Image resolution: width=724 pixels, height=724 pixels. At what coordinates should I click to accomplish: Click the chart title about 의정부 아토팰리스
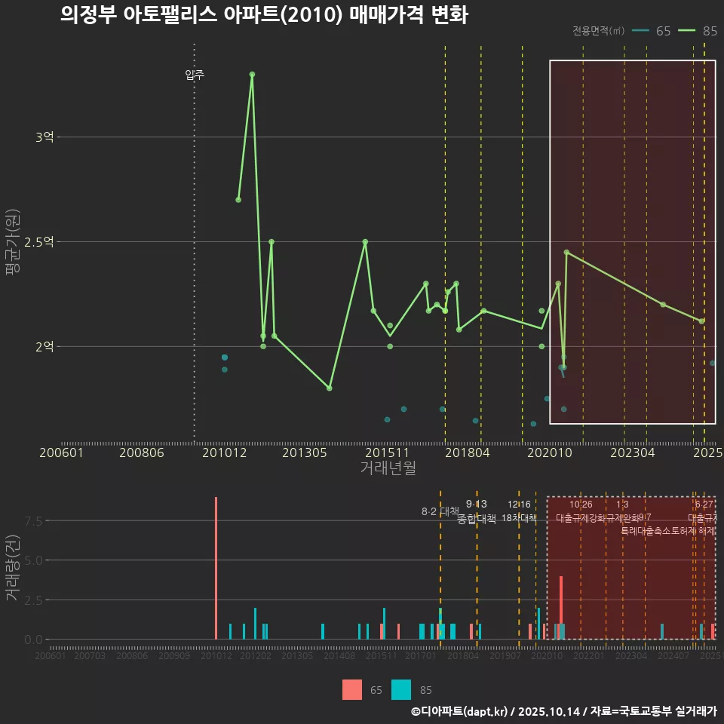tap(264, 15)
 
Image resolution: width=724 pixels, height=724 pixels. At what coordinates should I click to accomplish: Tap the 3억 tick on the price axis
tap(44, 137)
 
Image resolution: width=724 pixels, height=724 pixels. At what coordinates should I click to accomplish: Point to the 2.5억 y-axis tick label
tap(40, 242)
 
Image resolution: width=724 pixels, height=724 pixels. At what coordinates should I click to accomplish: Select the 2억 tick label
tap(44, 347)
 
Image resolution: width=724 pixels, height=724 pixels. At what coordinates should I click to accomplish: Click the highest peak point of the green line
tap(252, 74)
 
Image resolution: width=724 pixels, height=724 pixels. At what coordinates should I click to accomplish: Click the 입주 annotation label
tap(195, 75)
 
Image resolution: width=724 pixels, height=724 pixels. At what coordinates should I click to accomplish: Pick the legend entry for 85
tap(698, 31)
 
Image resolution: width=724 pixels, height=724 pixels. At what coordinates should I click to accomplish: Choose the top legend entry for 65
tap(652, 31)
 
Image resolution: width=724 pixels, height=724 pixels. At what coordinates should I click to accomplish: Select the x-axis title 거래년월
tap(388, 468)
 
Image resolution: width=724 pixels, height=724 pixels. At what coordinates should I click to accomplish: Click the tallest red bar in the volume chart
tap(216, 568)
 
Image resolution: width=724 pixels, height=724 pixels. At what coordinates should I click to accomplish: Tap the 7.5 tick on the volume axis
tap(32, 520)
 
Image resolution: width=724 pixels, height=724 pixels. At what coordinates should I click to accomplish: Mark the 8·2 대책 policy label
tap(440, 511)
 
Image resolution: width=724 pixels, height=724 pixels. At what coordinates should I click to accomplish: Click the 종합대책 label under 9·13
tap(477, 519)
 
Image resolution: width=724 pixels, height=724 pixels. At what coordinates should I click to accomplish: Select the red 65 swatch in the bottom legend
tap(352, 689)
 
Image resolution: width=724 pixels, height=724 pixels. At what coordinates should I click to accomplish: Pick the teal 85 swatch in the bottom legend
tap(401, 689)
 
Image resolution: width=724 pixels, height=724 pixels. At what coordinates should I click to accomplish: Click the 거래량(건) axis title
tap(11, 568)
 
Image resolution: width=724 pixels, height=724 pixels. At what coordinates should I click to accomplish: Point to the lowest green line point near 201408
tap(330, 388)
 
